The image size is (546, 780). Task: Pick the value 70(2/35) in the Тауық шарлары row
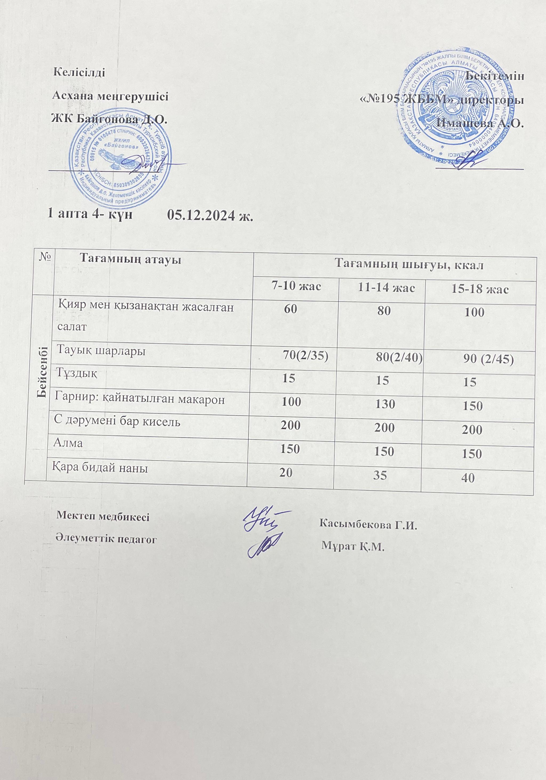click(306, 356)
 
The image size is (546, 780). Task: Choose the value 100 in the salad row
click(474, 312)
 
